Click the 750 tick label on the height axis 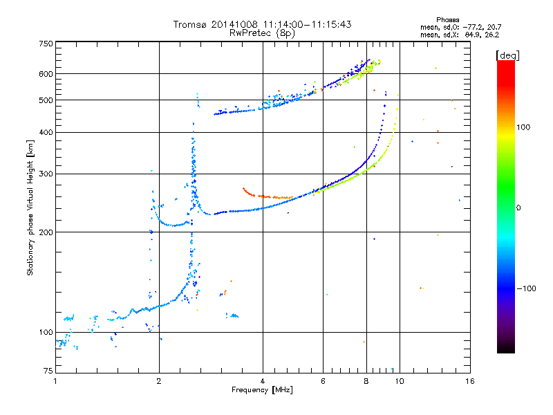(x=46, y=43)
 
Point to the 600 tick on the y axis (x=46, y=74)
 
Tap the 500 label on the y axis (x=46, y=100)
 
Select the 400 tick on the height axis (x=46, y=132)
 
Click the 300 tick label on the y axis (x=46, y=174)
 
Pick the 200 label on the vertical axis (x=46, y=232)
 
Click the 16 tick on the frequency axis (x=469, y=381)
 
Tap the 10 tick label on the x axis (x=399, y=381)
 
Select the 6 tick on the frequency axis (x=324, y=381)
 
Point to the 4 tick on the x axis (x=263, y=381)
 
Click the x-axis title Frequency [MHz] (x=262, y=390)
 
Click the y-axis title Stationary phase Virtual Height (x=30, y=207)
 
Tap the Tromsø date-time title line (x=262, y=24)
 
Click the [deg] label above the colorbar (x=507, y=55)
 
